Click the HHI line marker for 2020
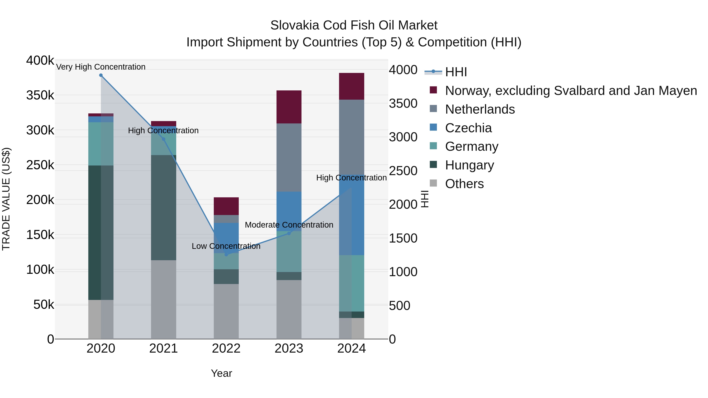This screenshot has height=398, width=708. (x=101, y=75)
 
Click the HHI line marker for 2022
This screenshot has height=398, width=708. (x=226, y=255)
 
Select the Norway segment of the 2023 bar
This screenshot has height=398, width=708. (x=289, y=107)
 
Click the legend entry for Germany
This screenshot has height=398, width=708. (x=471, y=146)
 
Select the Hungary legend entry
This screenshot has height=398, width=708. (x=469, y=165)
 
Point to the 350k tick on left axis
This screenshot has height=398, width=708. (x=40, y=95)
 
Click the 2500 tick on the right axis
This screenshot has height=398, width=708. (x=403, y=171)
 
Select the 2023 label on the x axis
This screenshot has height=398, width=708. (x=289, y=348)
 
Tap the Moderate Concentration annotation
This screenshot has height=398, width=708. (x=289, y=225)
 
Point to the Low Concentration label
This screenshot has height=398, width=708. (x=226, y=246)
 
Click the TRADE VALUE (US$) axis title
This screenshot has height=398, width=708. (x=6, y=199)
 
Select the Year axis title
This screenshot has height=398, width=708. (x=221, y=373)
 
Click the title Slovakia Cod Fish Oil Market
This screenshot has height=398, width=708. (x=354, y=25)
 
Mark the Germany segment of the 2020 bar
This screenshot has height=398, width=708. (x=101, y=144)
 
